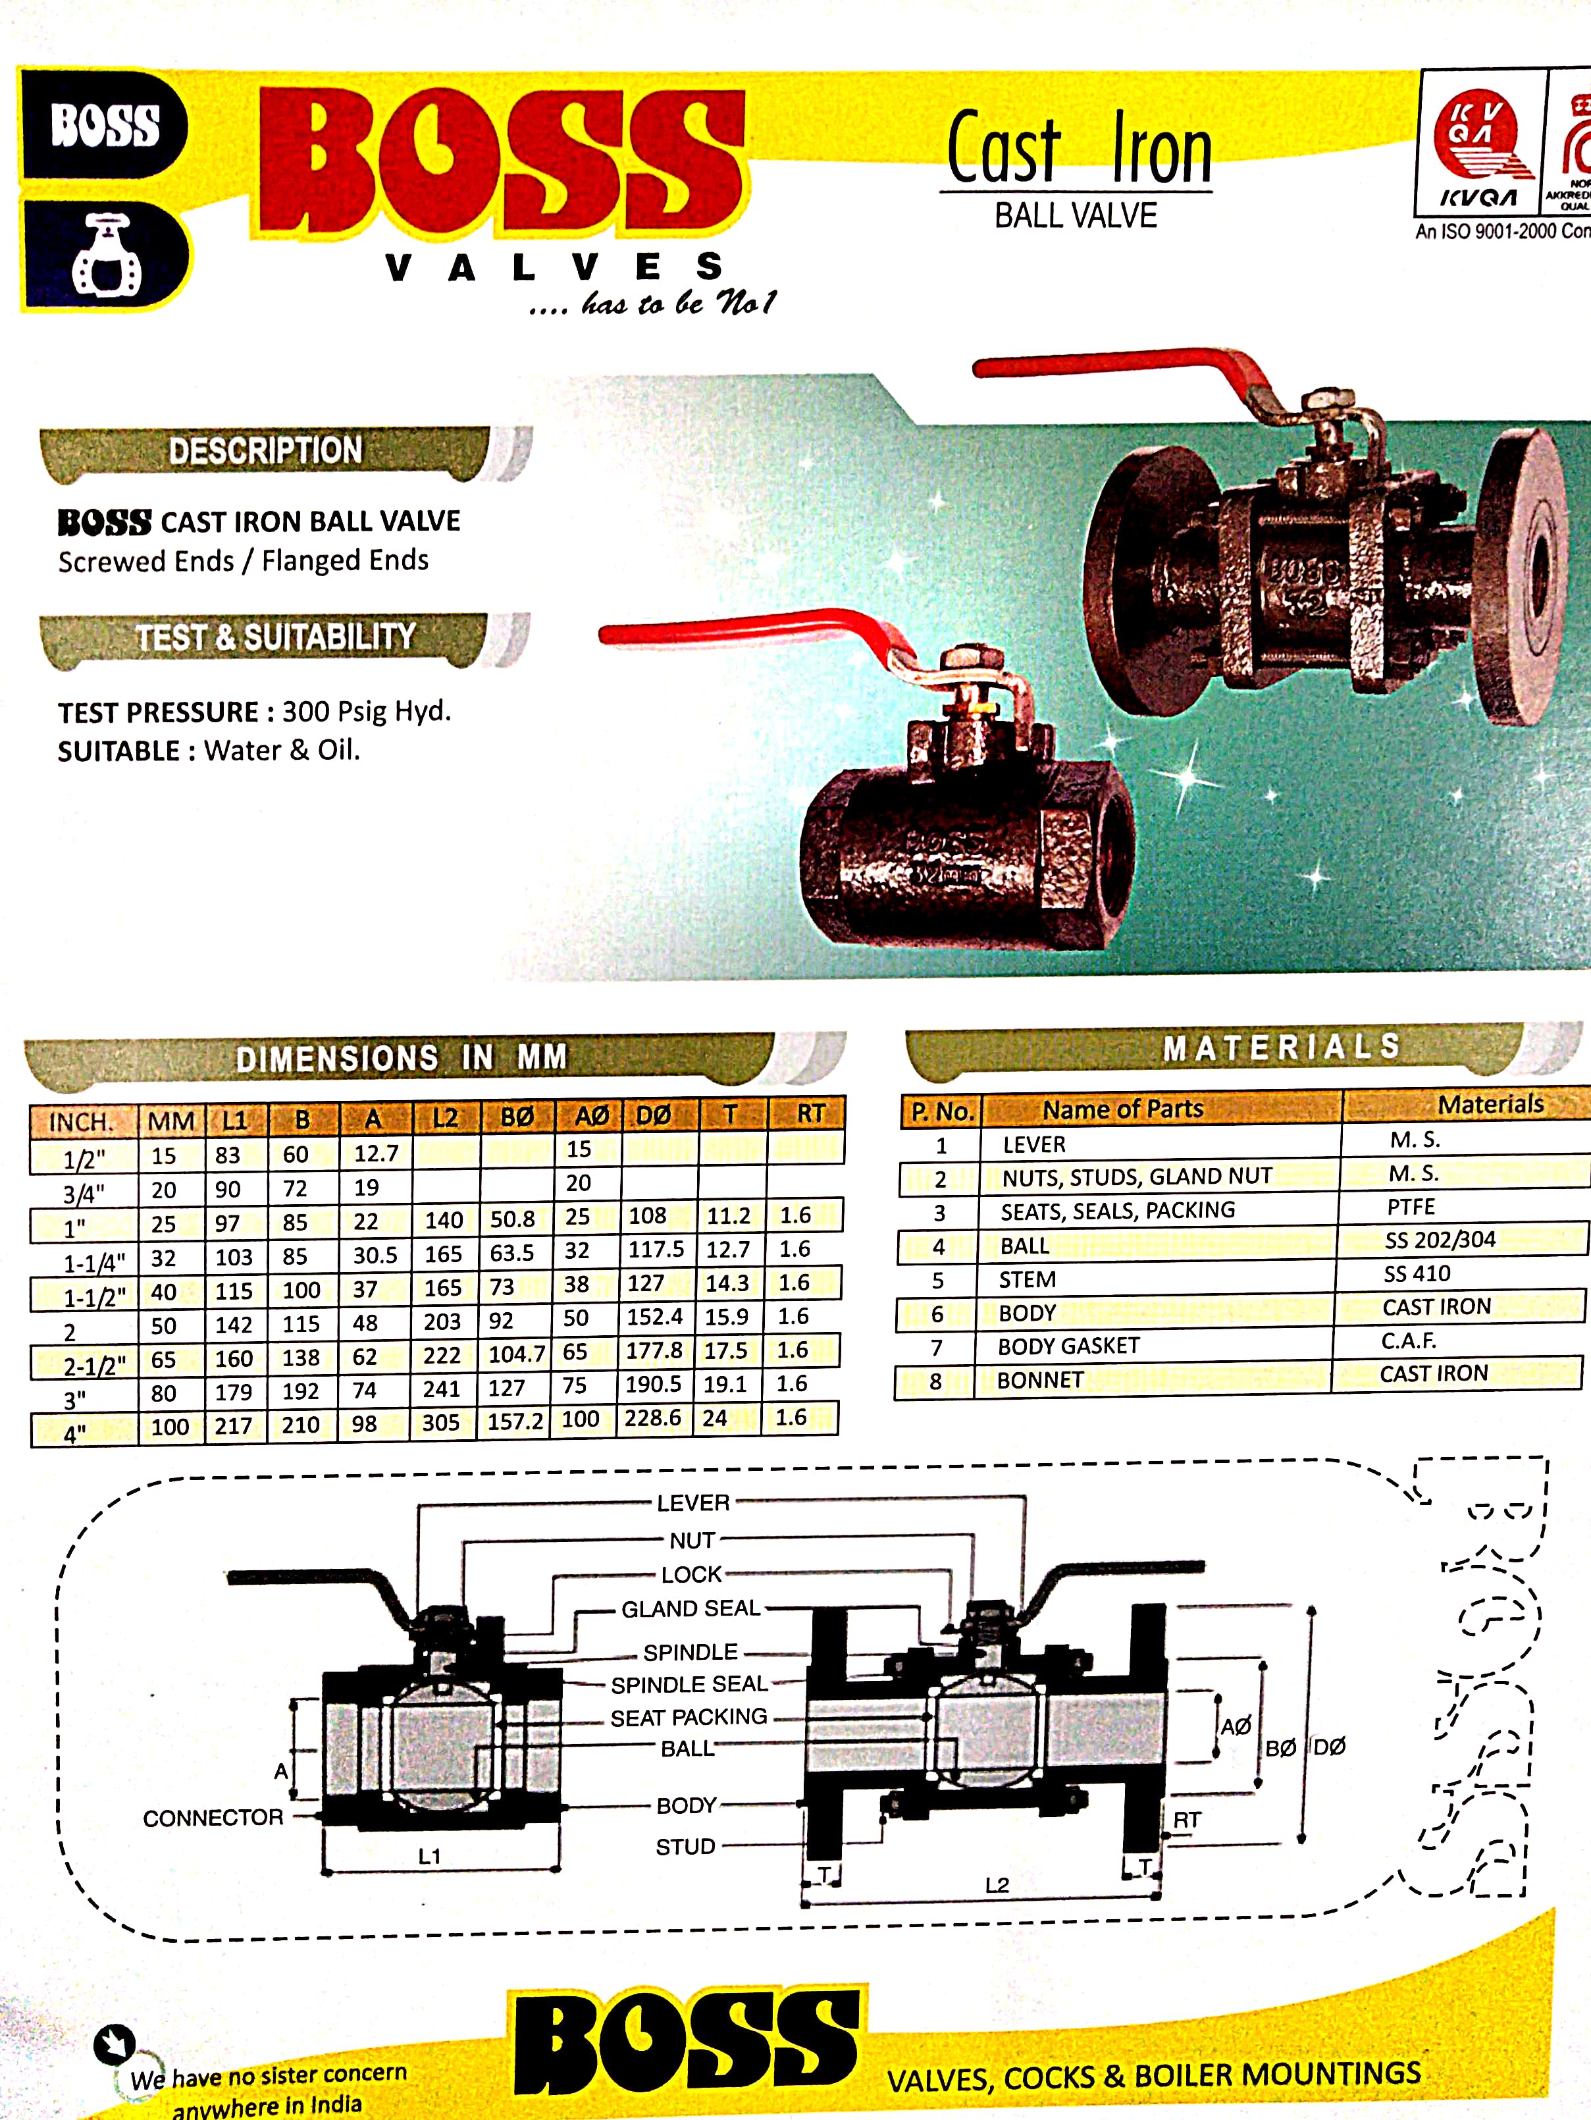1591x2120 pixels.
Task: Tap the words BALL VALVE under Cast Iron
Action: (x=1076, y=216)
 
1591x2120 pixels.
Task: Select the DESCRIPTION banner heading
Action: (x=265, y=450)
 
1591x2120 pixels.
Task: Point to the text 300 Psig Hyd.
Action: (x=366, y=711)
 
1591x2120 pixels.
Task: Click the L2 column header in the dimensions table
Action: (x=445, y=1117)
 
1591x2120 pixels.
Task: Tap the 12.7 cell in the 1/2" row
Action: (x=376, y=1153)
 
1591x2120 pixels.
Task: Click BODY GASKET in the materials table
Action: (x=1068, y=1346)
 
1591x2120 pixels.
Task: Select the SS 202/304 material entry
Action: (x=1440, y=1240)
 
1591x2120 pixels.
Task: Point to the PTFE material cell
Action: (x=1411, y=1207)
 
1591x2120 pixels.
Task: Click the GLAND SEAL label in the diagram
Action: (x=690, y=1608)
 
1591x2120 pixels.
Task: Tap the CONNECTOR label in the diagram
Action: (x=213, y=1817)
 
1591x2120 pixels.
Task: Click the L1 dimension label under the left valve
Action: (x=429, y=1857)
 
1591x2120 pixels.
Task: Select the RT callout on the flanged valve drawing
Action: (x=1187, y=1819)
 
